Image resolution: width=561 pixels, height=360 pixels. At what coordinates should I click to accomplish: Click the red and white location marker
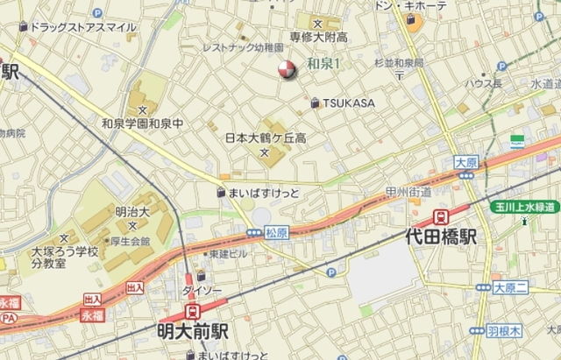[287, 70]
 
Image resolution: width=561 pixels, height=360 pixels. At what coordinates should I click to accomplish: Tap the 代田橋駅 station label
[443, 236]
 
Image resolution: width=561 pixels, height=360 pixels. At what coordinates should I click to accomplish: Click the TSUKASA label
[348, 103]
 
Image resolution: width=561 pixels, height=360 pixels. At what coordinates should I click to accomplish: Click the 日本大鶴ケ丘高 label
[265, 138]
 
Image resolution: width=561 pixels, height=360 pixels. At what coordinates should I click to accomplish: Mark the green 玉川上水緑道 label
[523, 206]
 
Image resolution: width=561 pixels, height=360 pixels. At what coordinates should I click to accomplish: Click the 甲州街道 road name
[408, 192]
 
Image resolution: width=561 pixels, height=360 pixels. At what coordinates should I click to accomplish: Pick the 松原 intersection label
[276, 233]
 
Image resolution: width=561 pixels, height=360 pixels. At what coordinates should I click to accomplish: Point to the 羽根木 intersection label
[504, 331]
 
